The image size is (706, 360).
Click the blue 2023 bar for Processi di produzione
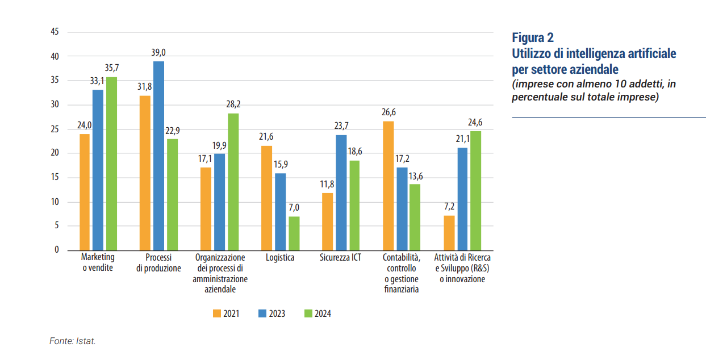point(158,156)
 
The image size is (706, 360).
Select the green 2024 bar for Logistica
point(294,233)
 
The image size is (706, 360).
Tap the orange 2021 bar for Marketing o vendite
point(85,192)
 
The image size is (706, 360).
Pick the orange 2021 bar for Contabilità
point(388,186)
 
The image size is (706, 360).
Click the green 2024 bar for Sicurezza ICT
point(354,206)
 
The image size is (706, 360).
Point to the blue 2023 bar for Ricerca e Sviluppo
point(462,199)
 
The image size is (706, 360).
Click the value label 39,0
point(158,53)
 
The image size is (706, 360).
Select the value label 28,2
point(233,105)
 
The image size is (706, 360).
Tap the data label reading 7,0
point(294,208)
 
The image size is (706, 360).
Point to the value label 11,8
point(327,185)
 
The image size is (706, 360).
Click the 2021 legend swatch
point(217,313)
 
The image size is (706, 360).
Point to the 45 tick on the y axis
point(55,32)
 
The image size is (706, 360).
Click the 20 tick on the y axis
point(55,153)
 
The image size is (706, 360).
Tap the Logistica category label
point(280,257)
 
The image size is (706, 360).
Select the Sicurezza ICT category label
point(341,257)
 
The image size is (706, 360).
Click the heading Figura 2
point(533,38)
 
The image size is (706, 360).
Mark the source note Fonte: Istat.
point(73,341)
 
